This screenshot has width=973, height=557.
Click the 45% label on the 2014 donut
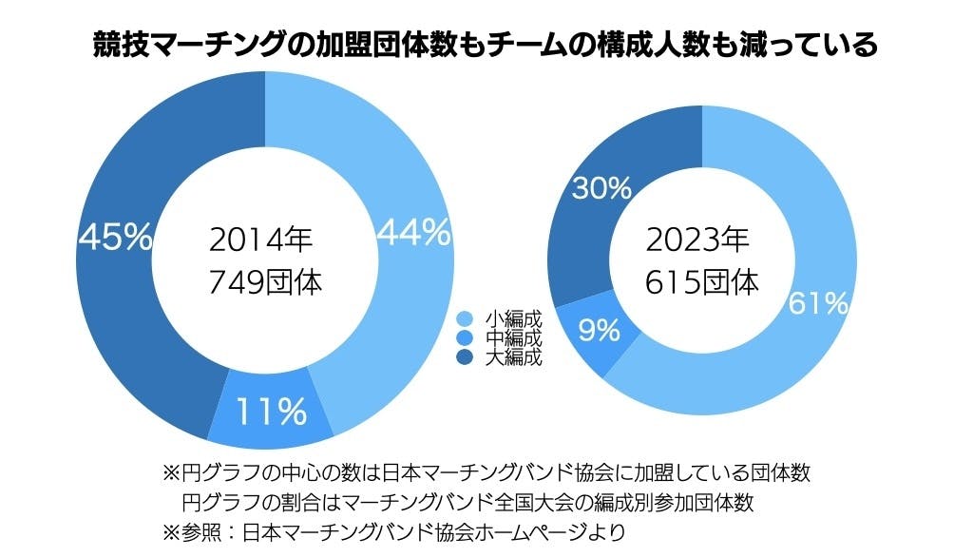[115, 237]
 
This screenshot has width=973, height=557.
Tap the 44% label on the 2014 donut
[413, 233]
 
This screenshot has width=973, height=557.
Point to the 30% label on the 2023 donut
[601, 189]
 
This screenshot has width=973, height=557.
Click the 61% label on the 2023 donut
[817, 303]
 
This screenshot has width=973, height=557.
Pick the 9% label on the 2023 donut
[599, 331]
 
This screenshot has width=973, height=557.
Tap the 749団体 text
[265, 282]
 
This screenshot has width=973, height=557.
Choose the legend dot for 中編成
[465, 338]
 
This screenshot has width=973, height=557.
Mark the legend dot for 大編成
[465, 357]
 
